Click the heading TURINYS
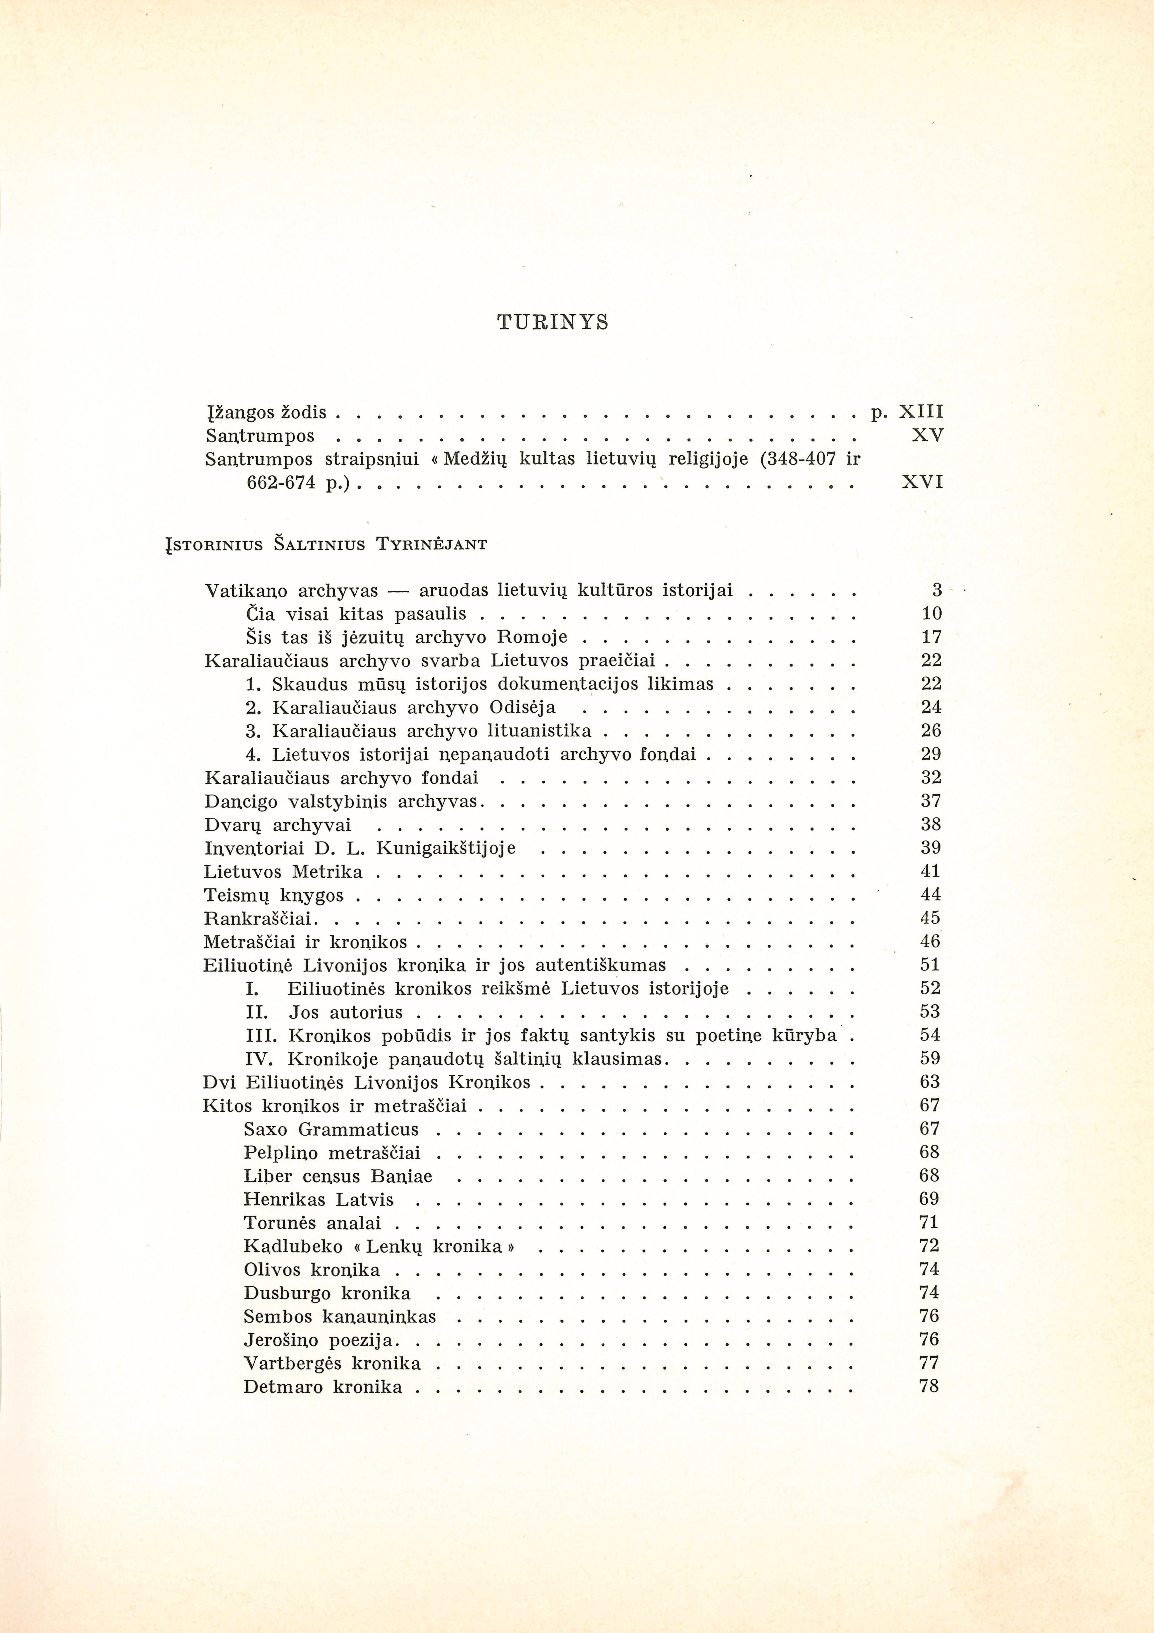point(553,323)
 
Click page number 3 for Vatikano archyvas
point(936,590)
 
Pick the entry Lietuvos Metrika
point(283,872)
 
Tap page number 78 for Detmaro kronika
point(928,1386)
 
